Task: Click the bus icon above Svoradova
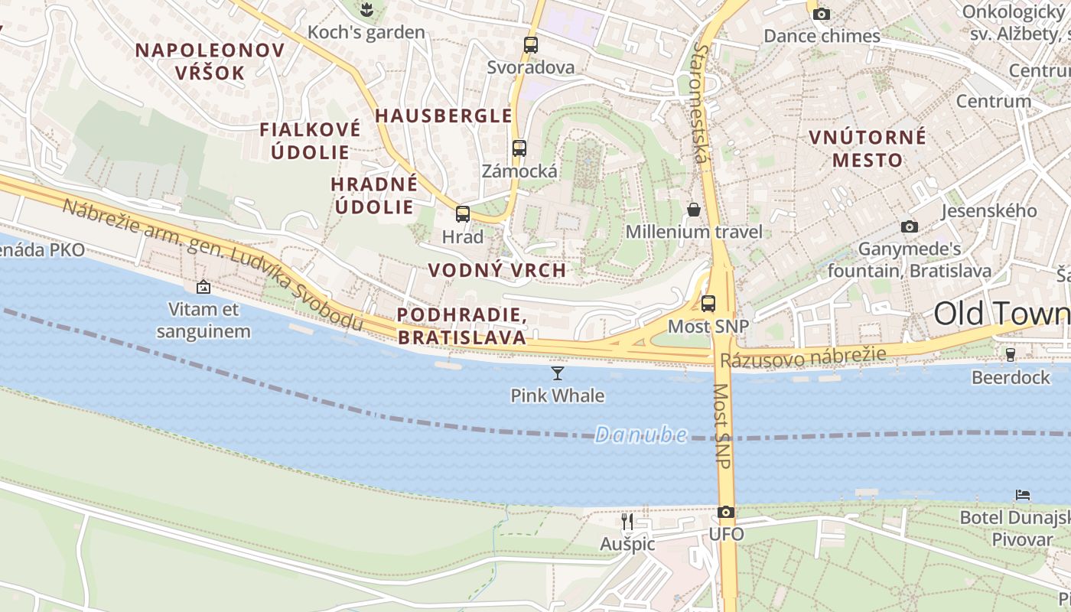point(530,44)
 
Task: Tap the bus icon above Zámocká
point(519,148)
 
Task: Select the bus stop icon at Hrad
point(463,213)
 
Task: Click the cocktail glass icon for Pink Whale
point(558,373)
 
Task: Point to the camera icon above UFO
point(726,512)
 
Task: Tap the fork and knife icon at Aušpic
point(627,522)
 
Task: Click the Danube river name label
point(640,435)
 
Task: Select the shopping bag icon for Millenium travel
point(694,209)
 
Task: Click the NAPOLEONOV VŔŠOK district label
point(210,61)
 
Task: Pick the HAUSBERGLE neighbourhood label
point(443,116)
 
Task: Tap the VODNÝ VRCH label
point(497,270)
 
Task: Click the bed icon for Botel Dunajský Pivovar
point(1023,495)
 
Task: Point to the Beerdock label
point(1011,377)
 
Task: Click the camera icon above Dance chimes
point(822,14)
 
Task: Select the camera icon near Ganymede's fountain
point(909,226)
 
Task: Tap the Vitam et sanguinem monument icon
point(203,287)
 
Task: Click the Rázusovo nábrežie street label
point(802,356)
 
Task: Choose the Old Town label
point(1001,314)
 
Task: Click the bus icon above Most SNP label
point(708,303)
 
